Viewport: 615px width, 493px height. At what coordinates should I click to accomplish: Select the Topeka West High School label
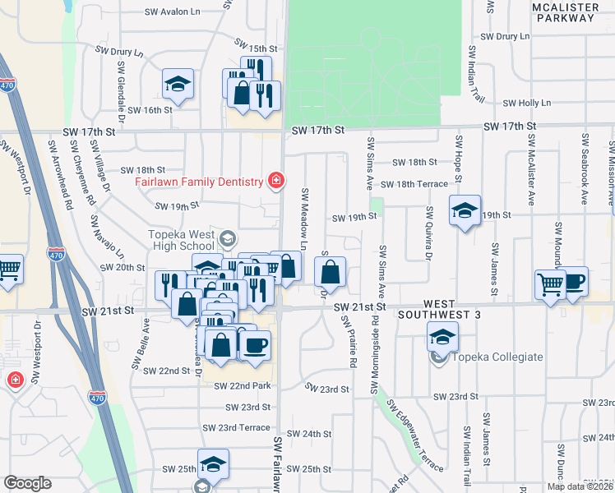[181, 240]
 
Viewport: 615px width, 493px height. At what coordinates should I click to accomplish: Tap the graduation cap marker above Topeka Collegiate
[442, 335]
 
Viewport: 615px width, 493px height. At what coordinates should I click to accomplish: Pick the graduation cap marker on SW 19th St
[465, 210]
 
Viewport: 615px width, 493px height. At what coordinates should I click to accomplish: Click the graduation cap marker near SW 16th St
[177, 83]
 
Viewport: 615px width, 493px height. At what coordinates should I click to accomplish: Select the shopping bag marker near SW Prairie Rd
[330, 270]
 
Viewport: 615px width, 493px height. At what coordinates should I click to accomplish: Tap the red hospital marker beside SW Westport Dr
[14, 380]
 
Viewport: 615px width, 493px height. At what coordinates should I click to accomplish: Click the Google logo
[27, 483]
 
